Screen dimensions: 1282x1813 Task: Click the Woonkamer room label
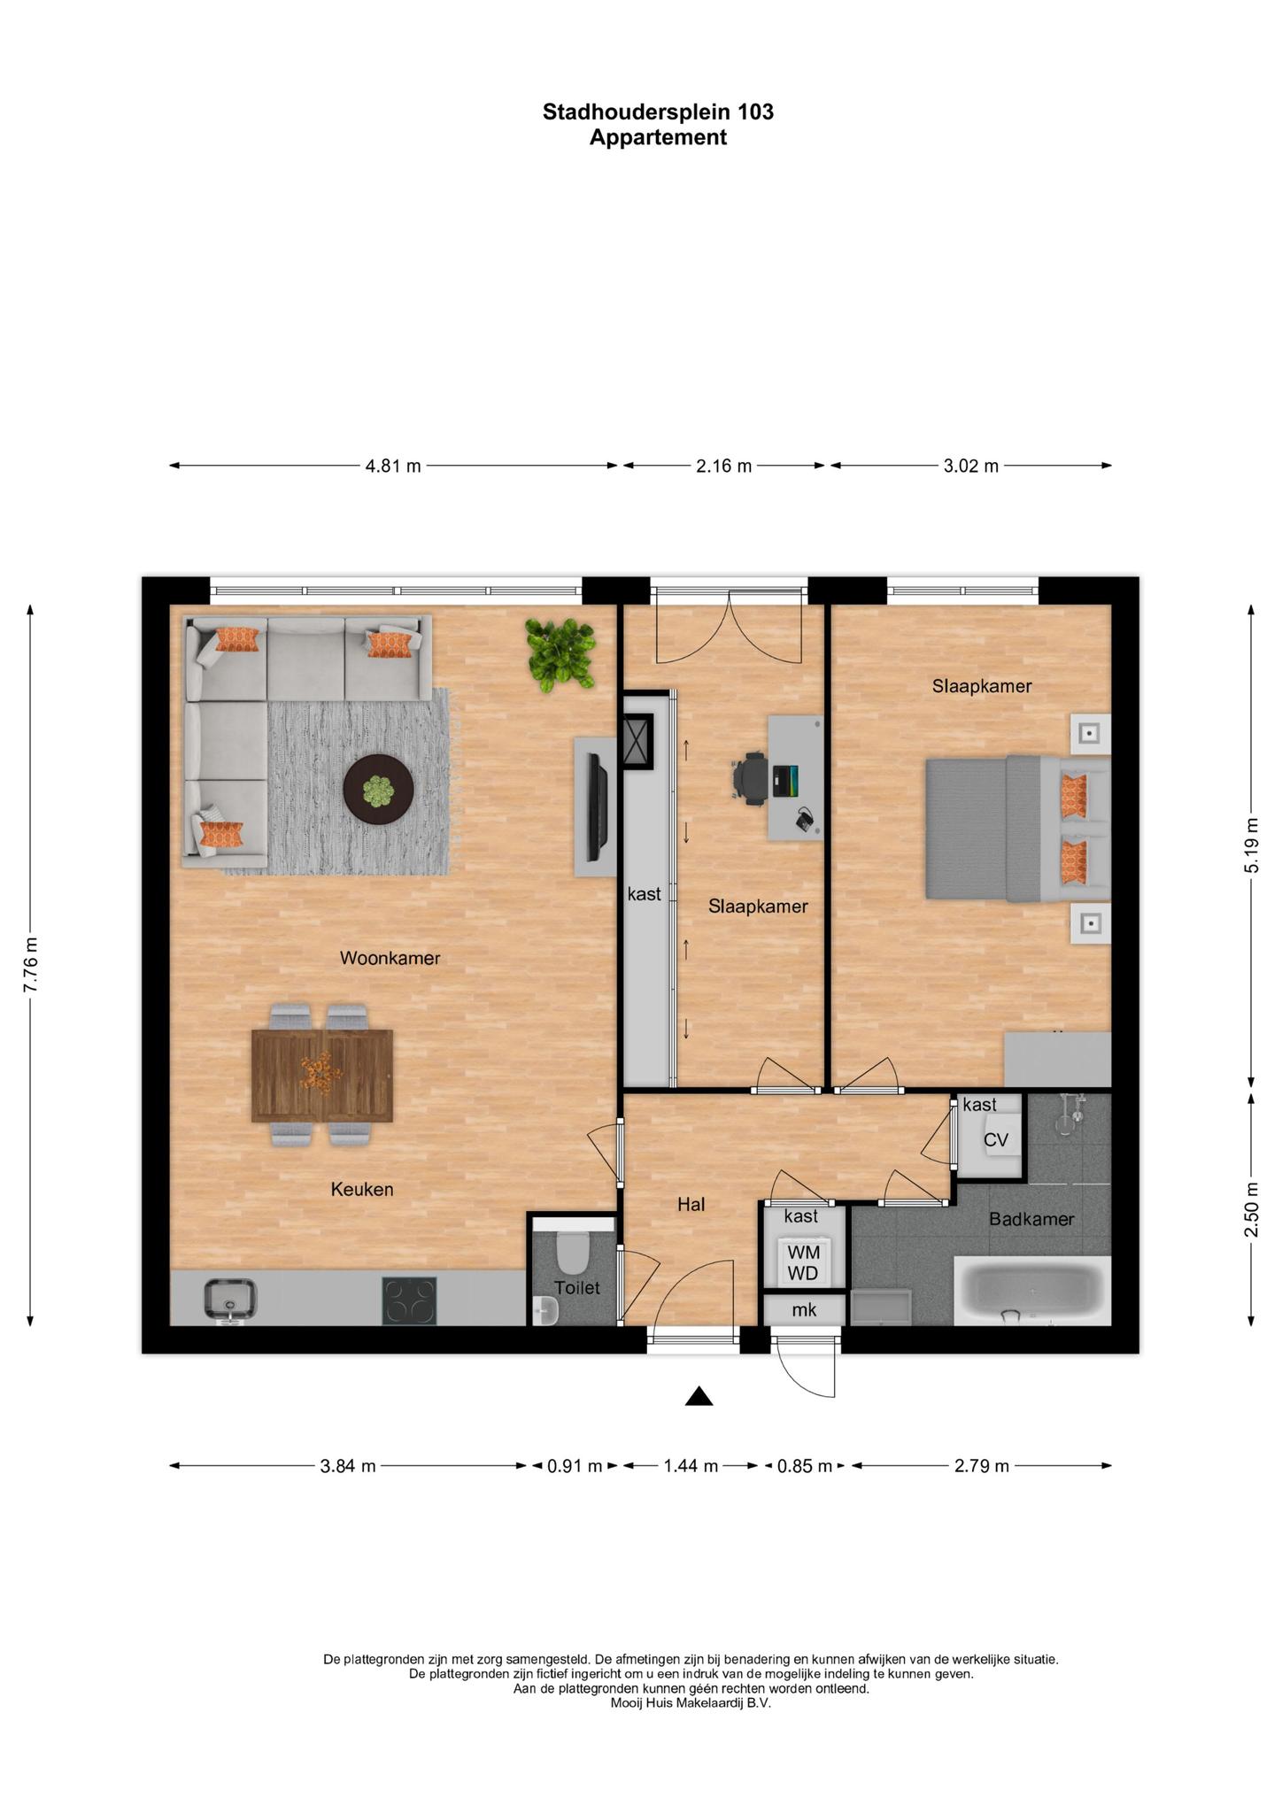(x=390, y=958)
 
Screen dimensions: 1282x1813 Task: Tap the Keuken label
(x=361, y=1189)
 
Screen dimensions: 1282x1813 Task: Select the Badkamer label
(x=1031, y=1219)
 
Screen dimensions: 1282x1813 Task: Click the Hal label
(x=691, y=1204)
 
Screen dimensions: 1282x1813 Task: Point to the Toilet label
(x=577, y=1288)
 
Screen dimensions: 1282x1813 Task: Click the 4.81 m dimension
(x=393, y=466)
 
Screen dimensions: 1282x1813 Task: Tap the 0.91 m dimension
(x=575, y=1466)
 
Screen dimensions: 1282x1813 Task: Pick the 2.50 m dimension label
(x=1251, y=1209)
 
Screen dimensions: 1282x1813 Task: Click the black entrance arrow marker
(x=699, y=1396)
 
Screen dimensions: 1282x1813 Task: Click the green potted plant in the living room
(x=560, y=654)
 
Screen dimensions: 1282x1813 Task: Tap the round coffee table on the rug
(x=378, y=790)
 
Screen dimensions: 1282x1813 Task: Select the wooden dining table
(x=321, y=1075)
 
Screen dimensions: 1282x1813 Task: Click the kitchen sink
(x=230, y=1300)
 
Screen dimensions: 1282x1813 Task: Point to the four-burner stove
(x=409, y=1300)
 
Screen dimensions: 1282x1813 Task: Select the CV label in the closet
(x=996, y=1140)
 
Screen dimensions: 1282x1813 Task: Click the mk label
(x=804, y=1309)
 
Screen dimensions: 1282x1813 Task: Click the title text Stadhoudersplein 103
(x=658, y=112)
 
